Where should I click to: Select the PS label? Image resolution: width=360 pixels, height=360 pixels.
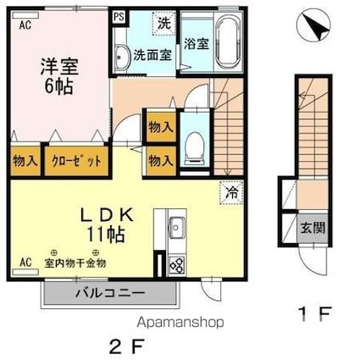click(119, 15)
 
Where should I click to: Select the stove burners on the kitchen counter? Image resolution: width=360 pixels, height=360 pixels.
click(179, 263)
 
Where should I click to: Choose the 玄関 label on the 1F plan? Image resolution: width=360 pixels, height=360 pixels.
click(307, 229)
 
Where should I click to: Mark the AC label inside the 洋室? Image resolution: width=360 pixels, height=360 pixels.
click(25, 25)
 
